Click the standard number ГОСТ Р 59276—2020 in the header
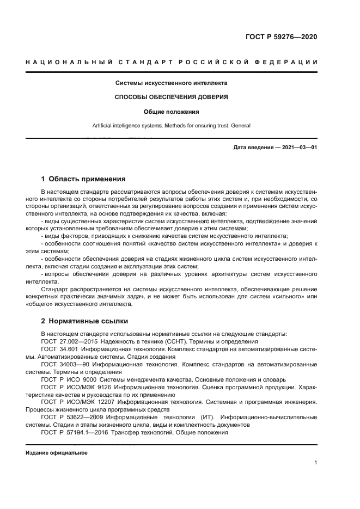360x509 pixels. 280,37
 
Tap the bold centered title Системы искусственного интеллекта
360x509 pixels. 171,83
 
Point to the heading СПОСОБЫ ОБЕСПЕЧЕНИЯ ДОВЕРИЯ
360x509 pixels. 171,97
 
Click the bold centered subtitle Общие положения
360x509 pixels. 171,112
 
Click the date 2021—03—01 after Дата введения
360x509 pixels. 298,148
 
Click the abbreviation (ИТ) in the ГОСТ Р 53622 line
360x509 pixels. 213,417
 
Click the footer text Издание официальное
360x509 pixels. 57,452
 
